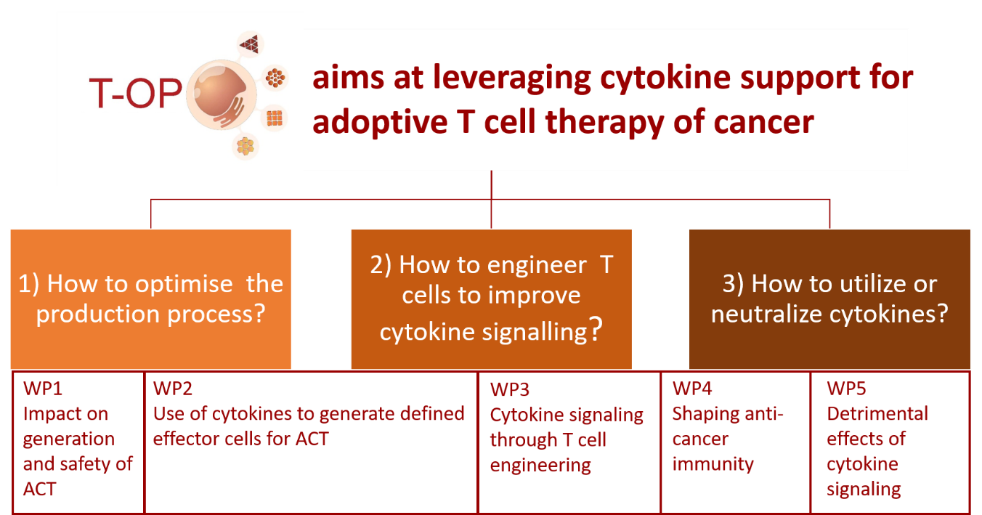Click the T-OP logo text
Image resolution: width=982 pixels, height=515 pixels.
tap(136, 93)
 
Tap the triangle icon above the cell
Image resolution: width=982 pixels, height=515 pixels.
tap(250, 44)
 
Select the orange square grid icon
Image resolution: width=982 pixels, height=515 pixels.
tap(275, 118)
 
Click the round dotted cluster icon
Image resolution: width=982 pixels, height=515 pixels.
tap(275, 78)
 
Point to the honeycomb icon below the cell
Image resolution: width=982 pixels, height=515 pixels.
tap(245, 147)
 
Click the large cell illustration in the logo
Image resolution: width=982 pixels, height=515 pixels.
tap(222, 95)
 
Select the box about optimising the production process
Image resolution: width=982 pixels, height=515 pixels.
tap(151, 299)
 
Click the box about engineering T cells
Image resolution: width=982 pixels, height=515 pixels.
tap(492, 299)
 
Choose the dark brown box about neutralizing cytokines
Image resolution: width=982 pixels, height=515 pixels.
tap(829, 299)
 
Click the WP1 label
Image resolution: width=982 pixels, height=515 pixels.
tap(43, 389)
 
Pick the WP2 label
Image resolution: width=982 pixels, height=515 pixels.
tap(172, 389)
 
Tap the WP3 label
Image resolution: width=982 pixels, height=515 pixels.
tap(509, 389)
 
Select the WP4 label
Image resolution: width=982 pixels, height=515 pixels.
tap(691, 389)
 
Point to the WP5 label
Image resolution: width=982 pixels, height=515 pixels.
tap(846, 389)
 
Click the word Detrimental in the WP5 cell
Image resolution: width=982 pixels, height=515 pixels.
tap(877, 414)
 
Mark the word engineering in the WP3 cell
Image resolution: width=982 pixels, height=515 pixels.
tap(540, 466)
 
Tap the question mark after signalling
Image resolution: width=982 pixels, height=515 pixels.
tap(596, 329)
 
